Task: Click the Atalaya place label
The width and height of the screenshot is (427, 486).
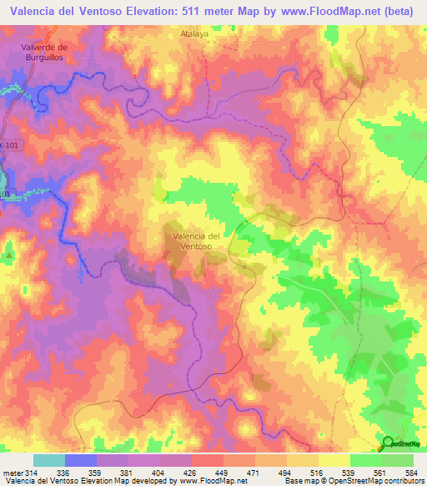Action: pos(193,35)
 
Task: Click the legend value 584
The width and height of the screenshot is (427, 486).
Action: pos(413,473)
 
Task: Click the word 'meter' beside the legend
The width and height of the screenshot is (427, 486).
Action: pos(12,473)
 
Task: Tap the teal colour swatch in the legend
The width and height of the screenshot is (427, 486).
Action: pos(48,460)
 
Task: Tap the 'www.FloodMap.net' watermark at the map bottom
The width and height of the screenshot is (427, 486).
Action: pos(213,448)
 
